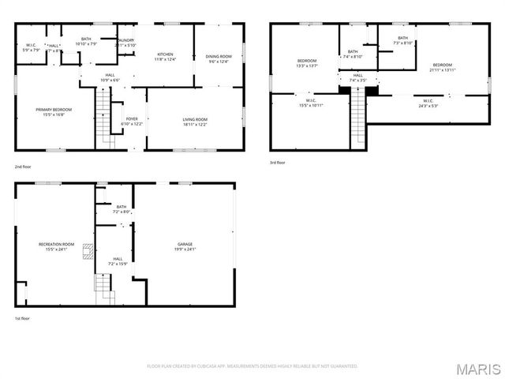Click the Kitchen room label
(x=166, y=56)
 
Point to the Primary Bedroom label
(x=49, y=111)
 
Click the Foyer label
(x=132, y=122)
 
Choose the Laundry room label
(x=125, y=43)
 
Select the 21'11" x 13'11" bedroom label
(x=442, y=67)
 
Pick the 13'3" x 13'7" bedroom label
(x=307, y=63)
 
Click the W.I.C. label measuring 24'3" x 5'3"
(x=428, y=103)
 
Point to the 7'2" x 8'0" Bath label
(x=121, y=209)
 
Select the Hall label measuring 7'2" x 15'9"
(x=118, y=261)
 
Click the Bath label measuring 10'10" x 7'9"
(x=85, y=41)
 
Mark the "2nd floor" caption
(x=24, y=167)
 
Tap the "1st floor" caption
(x=23, y=318)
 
